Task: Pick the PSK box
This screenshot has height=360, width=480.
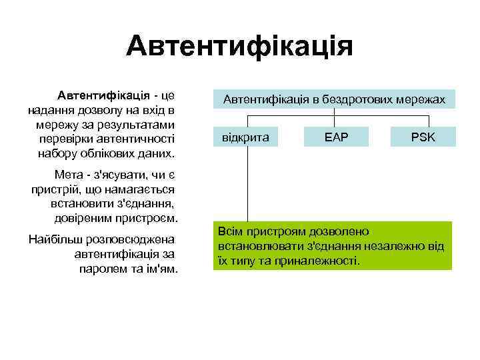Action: [x=423, y=137]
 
